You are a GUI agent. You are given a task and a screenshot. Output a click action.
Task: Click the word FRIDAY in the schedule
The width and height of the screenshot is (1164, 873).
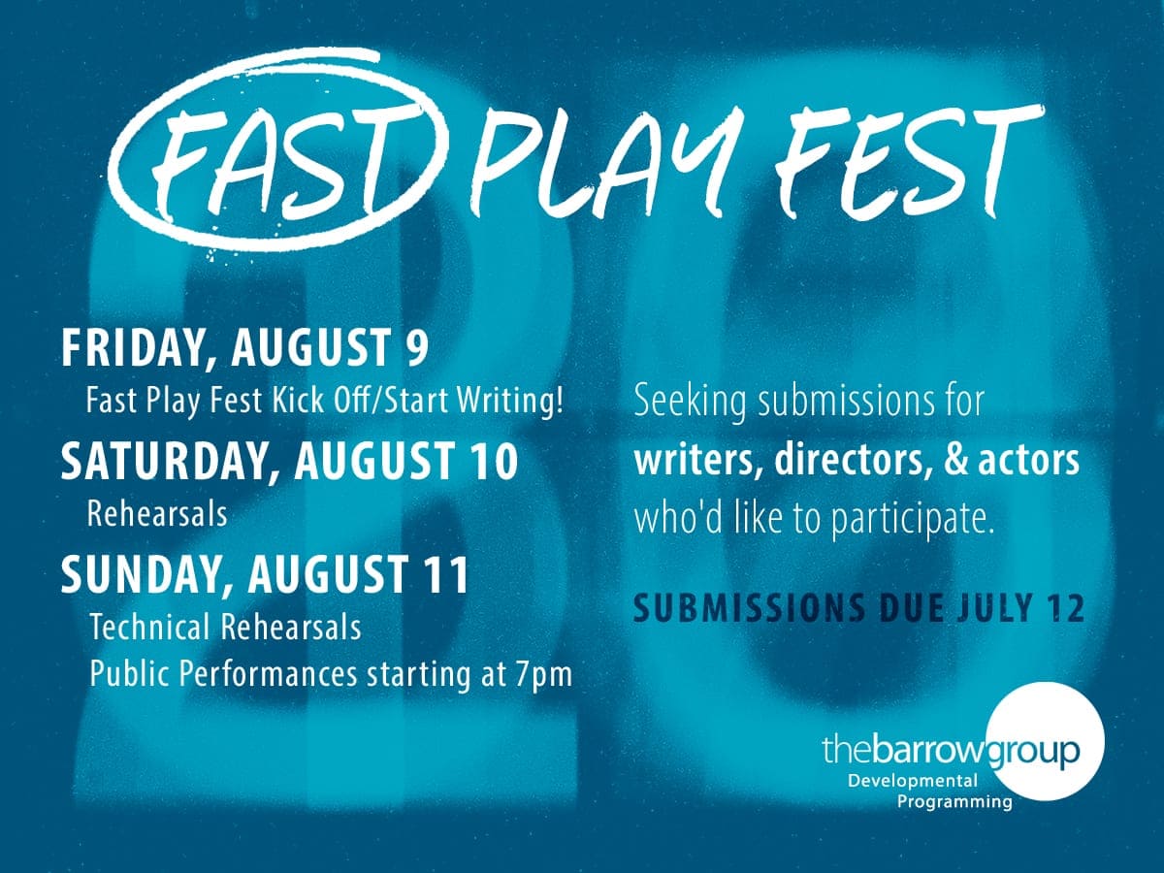pos(134,349)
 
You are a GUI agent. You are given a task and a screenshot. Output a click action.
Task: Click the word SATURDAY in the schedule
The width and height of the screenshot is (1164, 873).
pos(163,463)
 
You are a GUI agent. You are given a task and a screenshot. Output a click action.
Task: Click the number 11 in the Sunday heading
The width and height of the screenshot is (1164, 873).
pos(447,575)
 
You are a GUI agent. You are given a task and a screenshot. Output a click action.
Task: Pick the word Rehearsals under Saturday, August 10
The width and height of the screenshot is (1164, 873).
pos(157,514)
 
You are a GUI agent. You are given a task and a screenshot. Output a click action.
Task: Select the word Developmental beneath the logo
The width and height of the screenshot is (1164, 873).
pos(912,780)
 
